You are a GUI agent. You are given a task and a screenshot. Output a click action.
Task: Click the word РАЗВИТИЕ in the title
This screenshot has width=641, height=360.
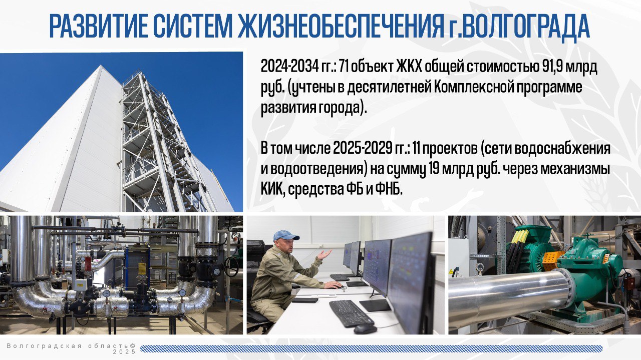(97, 27)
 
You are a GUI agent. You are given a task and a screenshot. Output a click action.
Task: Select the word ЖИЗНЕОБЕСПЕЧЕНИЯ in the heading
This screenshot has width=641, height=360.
(340, 27)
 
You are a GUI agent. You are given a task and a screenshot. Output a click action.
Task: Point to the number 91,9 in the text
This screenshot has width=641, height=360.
(554, 68)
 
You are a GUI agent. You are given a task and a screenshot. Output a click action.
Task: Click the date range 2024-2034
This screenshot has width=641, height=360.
(289, 68)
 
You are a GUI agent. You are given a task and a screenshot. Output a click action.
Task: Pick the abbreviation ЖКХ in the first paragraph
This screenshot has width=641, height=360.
(410, 68)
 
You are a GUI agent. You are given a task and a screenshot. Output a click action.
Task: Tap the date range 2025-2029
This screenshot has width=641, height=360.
(362, 149)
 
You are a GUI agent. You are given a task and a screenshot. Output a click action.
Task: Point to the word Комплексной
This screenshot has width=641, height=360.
(472, 88)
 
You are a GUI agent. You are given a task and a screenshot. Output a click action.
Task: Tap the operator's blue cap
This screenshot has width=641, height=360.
(285, 236)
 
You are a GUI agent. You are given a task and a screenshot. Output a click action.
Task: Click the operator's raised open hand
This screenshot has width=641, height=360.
(325, 254)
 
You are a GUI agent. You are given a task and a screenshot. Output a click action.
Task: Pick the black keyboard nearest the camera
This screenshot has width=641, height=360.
(351, 313)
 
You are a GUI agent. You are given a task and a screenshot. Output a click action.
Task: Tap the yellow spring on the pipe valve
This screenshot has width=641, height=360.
(142, 268)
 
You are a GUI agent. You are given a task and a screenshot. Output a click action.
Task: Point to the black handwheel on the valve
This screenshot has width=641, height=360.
(231, 266)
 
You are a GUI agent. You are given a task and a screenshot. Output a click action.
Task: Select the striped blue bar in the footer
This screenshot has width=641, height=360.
(371, 348)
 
